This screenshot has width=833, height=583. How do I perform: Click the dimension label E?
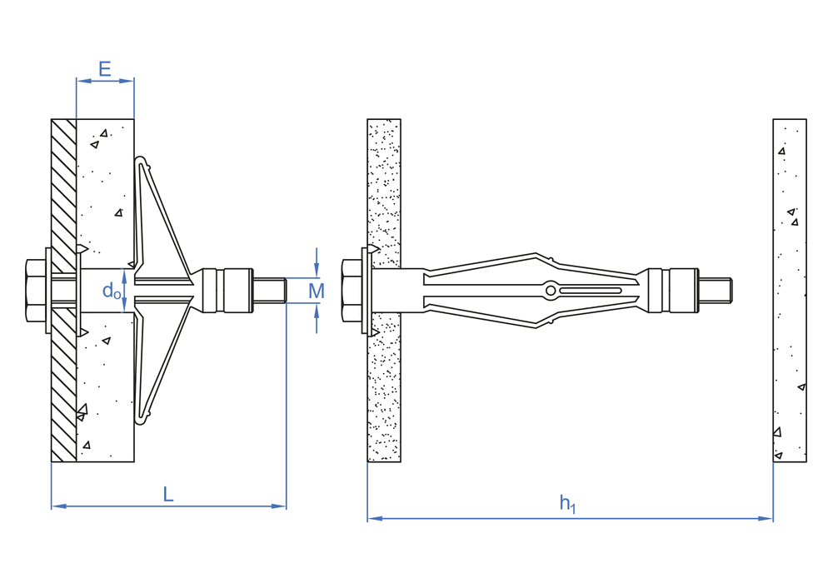105,69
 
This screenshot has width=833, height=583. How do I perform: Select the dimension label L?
168,495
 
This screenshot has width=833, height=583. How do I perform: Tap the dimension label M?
317,291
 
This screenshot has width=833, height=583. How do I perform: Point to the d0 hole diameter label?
112,291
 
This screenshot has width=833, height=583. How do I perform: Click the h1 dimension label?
567,503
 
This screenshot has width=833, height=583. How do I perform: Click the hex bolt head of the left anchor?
36,291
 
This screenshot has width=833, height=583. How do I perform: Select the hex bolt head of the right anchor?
352,291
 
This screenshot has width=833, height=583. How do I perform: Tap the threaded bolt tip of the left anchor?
270,291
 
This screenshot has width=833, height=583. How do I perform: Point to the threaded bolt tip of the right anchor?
715,291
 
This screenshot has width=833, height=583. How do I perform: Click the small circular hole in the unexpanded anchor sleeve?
551,291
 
